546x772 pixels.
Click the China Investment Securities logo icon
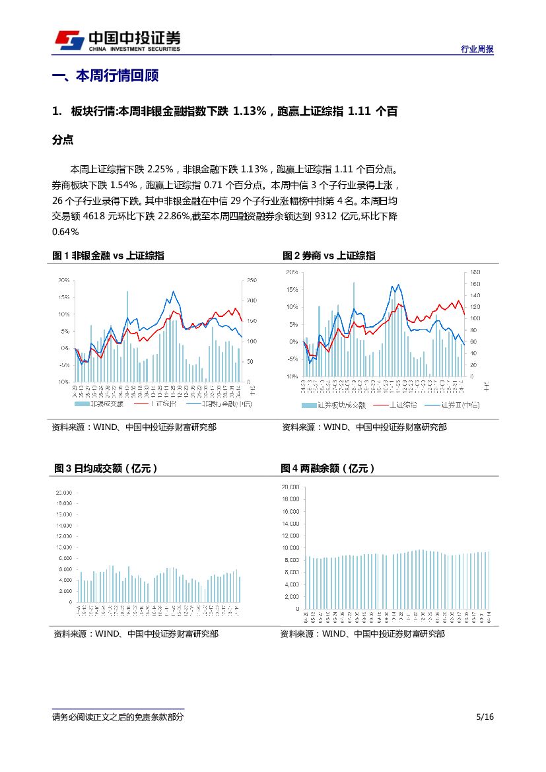[x=69, y=40]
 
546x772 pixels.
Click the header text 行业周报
[x=477, y=50]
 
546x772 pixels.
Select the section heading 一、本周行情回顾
[x=105, y=76]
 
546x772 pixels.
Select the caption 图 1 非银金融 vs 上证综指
[x=108, y=256]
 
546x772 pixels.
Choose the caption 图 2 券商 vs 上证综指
[x=329, y=256]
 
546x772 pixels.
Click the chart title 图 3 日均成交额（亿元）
[x=106, y=468]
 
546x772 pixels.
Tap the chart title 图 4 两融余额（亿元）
[x=328, y=468]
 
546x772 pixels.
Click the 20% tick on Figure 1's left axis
[x=64, y=280]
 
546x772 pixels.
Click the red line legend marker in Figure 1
[x=141, y=403]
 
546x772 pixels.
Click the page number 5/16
[x=485, y=717]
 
